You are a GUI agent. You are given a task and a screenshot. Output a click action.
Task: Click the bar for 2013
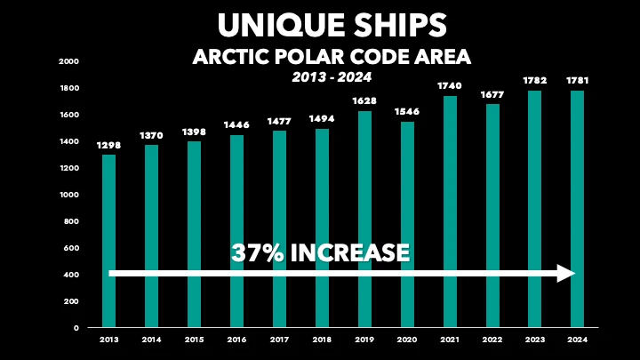109,222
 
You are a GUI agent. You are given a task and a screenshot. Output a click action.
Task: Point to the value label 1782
535,80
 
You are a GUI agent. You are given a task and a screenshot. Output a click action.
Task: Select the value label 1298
109,144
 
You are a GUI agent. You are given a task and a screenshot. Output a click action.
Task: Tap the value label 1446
237,124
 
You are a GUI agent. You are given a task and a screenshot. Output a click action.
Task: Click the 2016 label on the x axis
237,339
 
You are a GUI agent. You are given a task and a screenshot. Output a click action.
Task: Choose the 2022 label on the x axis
492,339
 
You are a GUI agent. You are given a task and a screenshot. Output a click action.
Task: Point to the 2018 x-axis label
323,339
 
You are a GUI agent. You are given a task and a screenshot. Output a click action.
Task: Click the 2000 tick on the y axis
70,61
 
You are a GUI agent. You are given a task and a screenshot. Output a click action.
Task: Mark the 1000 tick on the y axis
70,195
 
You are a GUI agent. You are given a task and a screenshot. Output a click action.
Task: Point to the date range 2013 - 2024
331,77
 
